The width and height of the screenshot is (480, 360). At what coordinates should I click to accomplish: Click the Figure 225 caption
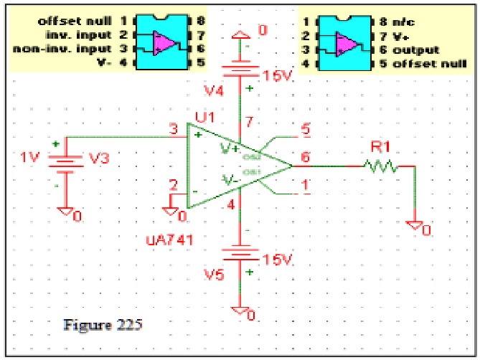click(103, 324)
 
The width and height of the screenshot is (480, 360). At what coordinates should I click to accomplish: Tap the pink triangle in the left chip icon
click(164, 43)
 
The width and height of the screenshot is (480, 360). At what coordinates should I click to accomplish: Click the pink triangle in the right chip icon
click(346, 43)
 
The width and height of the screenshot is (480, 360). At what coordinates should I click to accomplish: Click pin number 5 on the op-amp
click(306, 130)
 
